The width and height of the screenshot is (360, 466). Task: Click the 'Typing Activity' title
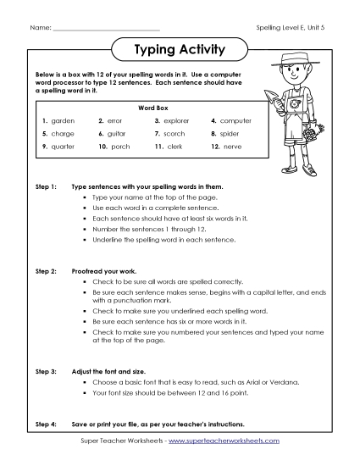point(180,50)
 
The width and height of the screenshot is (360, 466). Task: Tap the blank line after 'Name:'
point(106,29)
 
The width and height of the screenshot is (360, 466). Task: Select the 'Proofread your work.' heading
point(107,270)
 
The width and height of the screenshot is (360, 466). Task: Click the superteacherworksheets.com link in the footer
point(228,441)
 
